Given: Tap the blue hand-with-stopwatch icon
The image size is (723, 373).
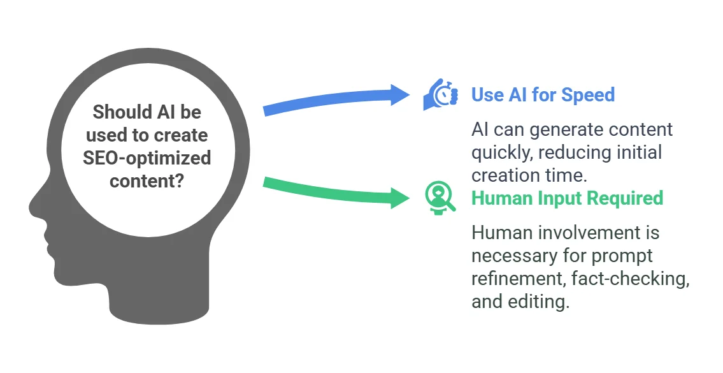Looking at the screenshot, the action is click(440, 94).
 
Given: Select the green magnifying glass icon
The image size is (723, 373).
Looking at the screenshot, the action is click(440, 198).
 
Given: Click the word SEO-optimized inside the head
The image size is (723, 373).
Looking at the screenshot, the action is click(147, 158).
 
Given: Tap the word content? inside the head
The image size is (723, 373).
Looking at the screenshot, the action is click(147, 180).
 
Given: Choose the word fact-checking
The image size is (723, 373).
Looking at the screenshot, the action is click(631, 279).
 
